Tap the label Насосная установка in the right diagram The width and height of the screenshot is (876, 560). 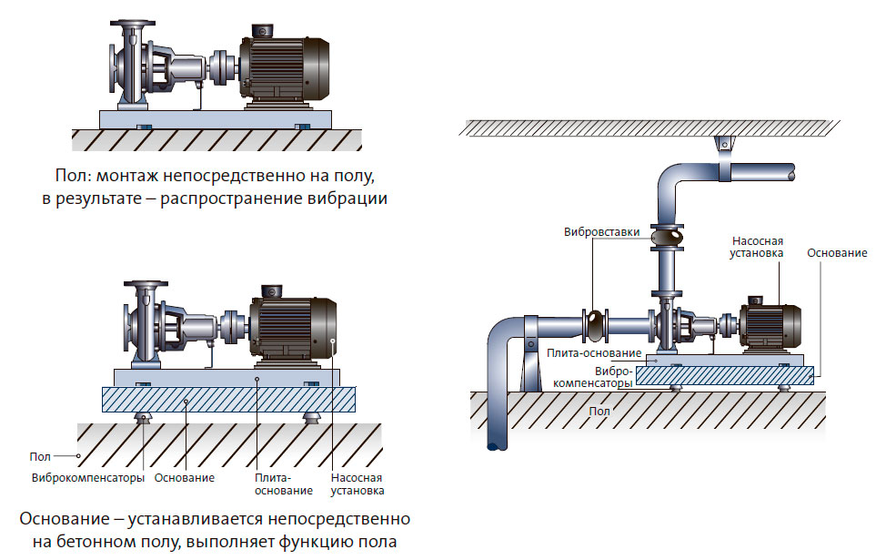758,247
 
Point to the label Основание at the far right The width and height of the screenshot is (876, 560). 837,252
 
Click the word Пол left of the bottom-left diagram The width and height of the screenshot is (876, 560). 41,455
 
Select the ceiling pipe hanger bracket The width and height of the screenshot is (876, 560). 724,144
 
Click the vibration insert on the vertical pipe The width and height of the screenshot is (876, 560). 670,237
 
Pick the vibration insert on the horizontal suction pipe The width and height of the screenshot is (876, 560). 594,323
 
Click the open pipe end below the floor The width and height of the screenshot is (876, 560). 498,445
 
